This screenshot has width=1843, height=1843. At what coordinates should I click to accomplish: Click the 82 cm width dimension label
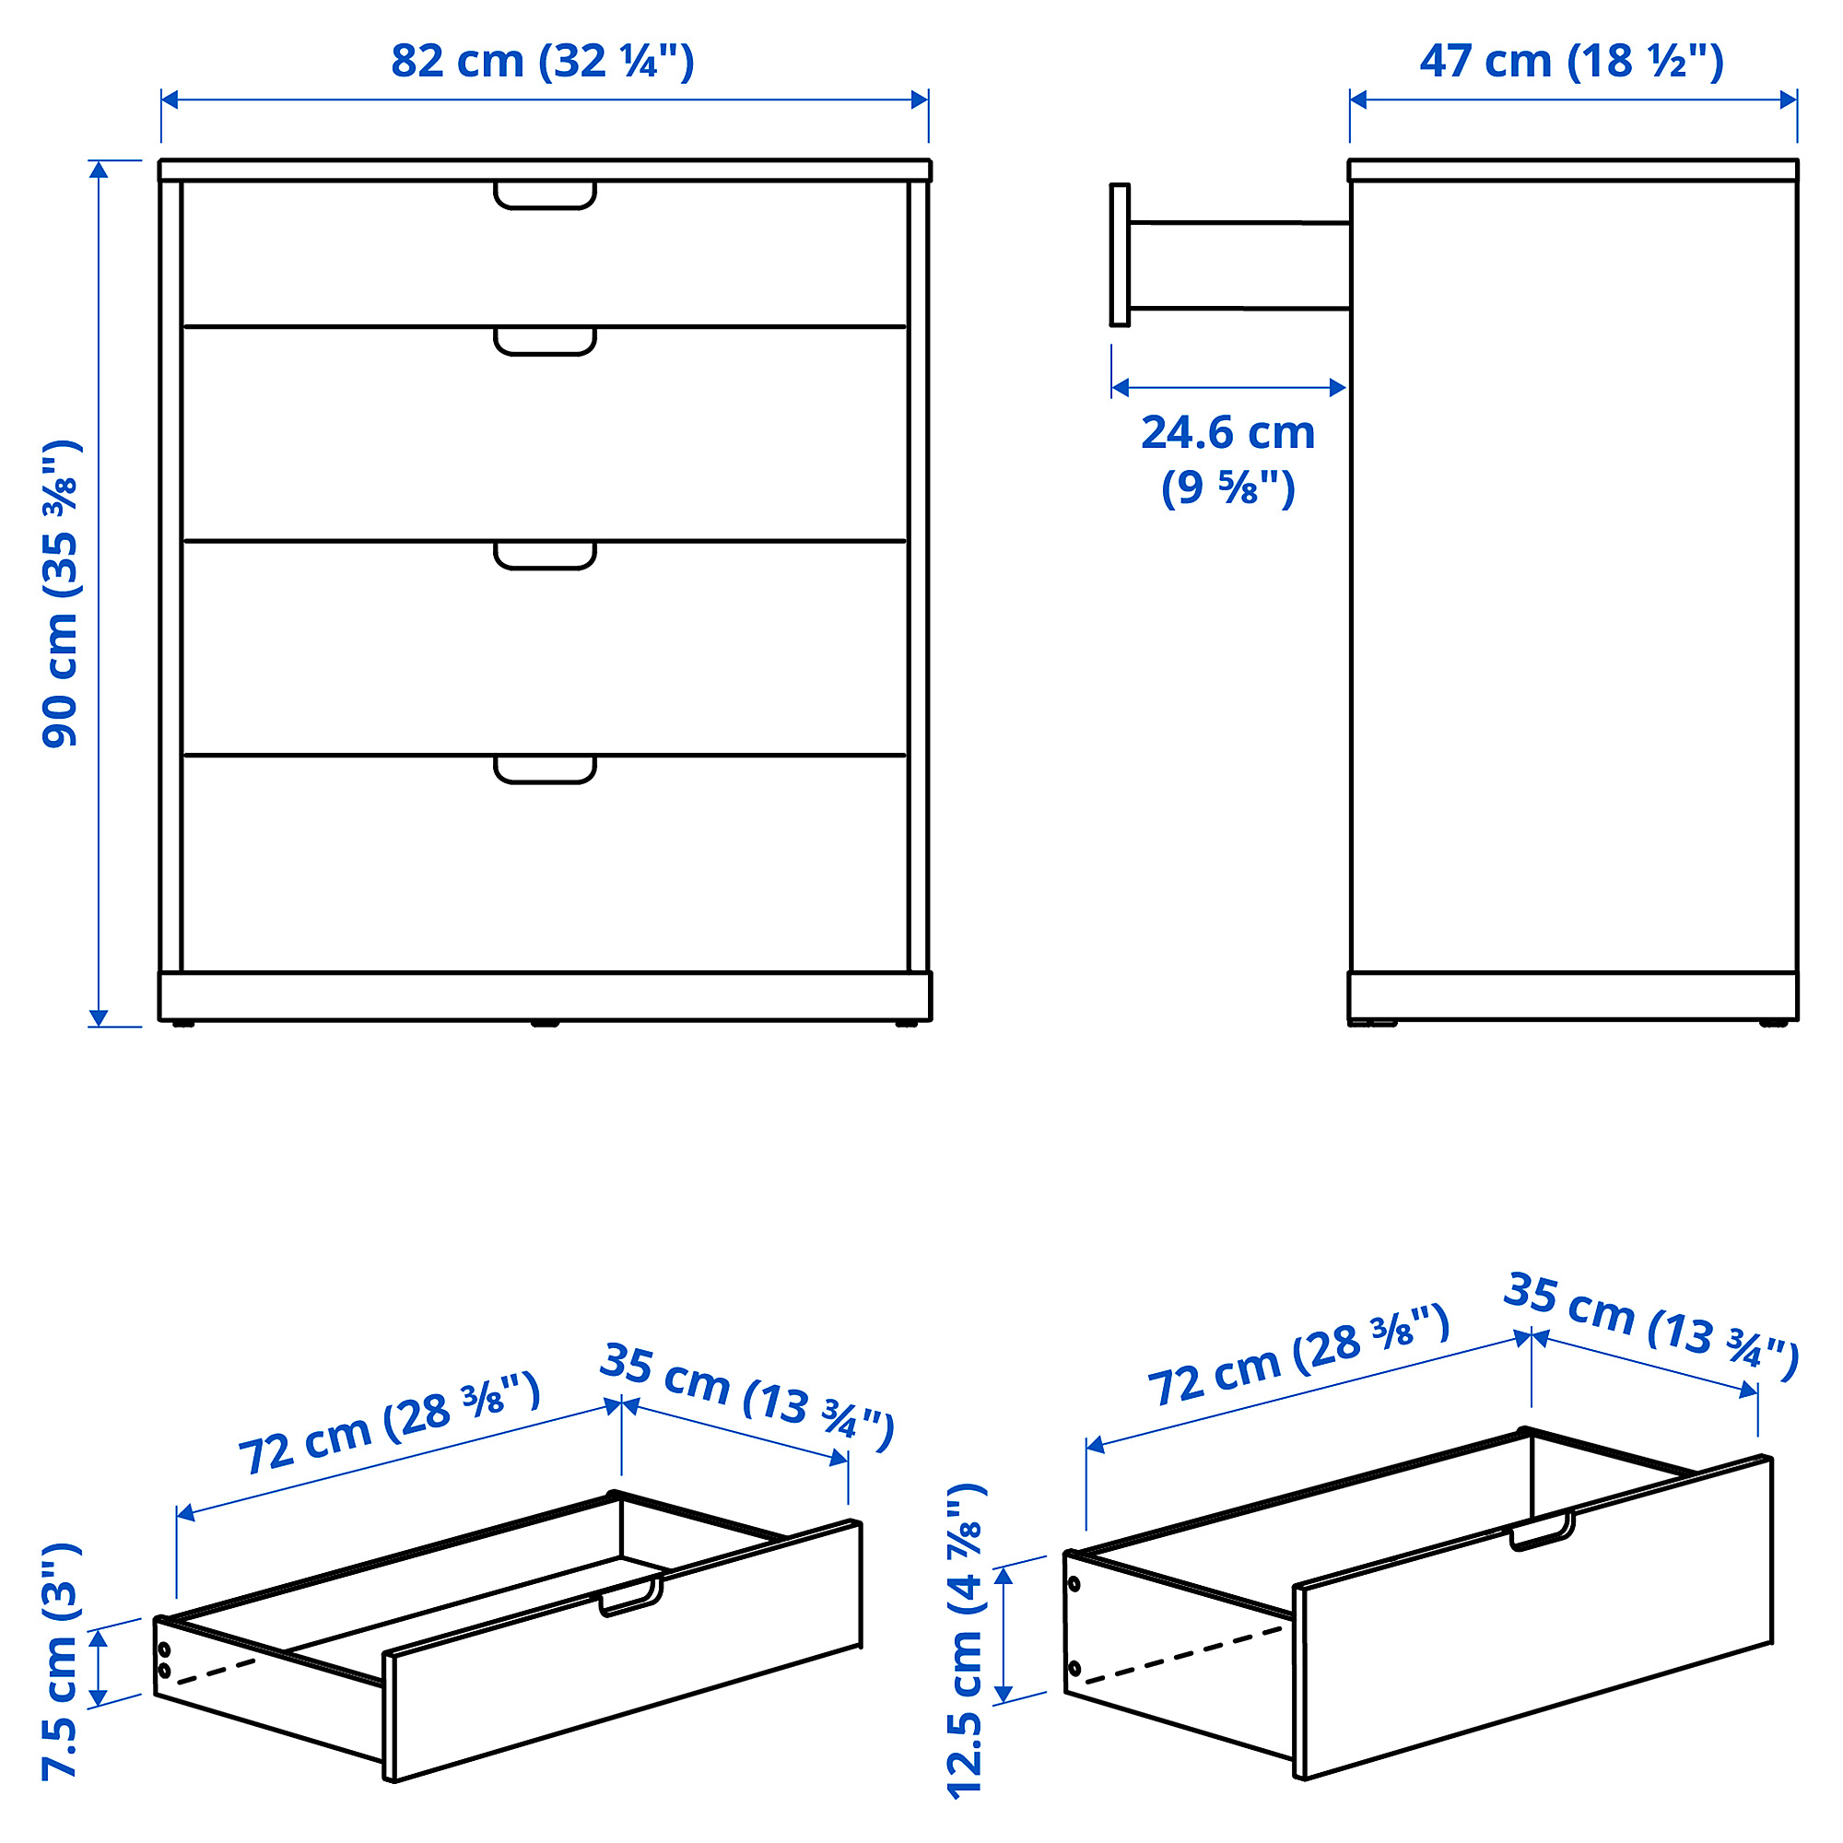point(543,61)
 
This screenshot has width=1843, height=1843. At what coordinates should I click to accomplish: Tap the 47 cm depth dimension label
point(1572,61)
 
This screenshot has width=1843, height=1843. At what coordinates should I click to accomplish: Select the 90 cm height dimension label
point(61,593)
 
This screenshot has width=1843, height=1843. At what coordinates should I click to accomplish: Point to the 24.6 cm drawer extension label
point(1228,459)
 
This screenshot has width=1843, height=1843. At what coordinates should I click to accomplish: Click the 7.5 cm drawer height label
point(61,1661)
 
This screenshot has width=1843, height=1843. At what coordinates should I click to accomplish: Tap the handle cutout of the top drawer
point(545,194)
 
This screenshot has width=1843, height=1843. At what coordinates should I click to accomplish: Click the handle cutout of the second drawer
point(545,341)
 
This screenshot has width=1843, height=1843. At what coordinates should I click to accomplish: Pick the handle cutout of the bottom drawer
point(545,769)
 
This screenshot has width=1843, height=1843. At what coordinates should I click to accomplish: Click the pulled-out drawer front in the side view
point(1120,254)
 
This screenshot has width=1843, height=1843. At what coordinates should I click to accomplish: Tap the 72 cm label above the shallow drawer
point(389,1424)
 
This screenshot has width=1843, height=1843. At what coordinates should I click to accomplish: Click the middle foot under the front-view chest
point(545,1024)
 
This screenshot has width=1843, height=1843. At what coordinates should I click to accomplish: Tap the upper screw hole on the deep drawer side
point(1075,1583)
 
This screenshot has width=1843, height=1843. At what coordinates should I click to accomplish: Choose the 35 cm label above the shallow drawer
point(747,1397)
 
